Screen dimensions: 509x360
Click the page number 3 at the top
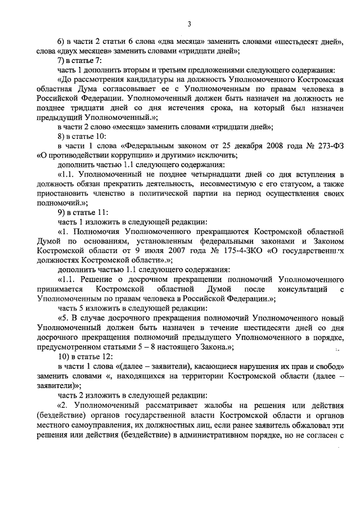pos(189,24)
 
